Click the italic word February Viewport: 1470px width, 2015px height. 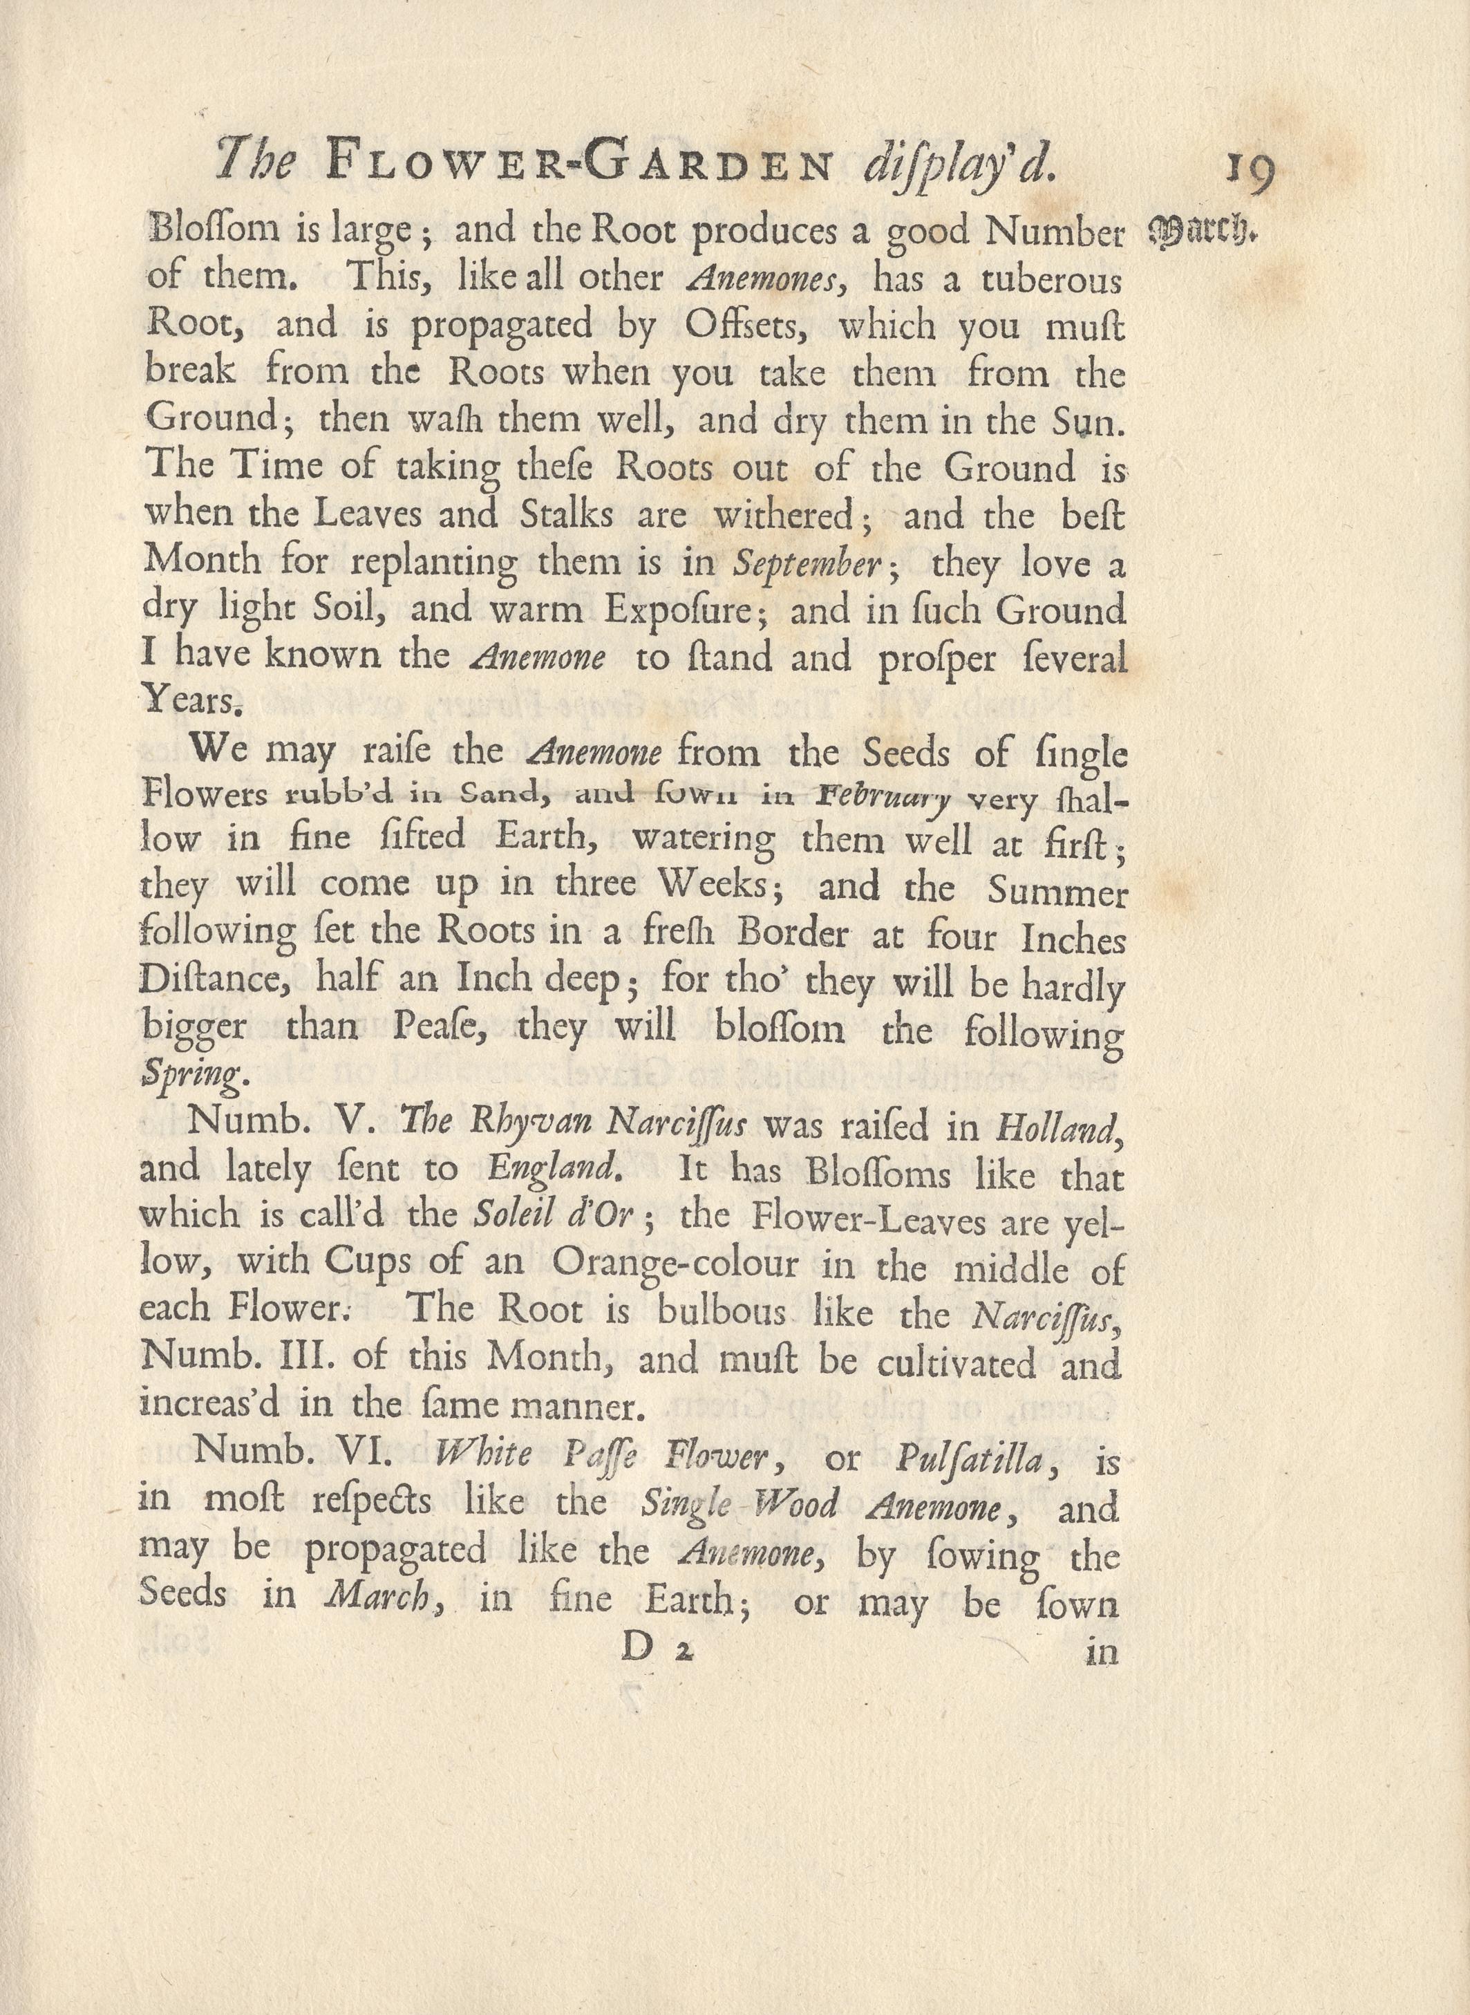coord(885,798)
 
